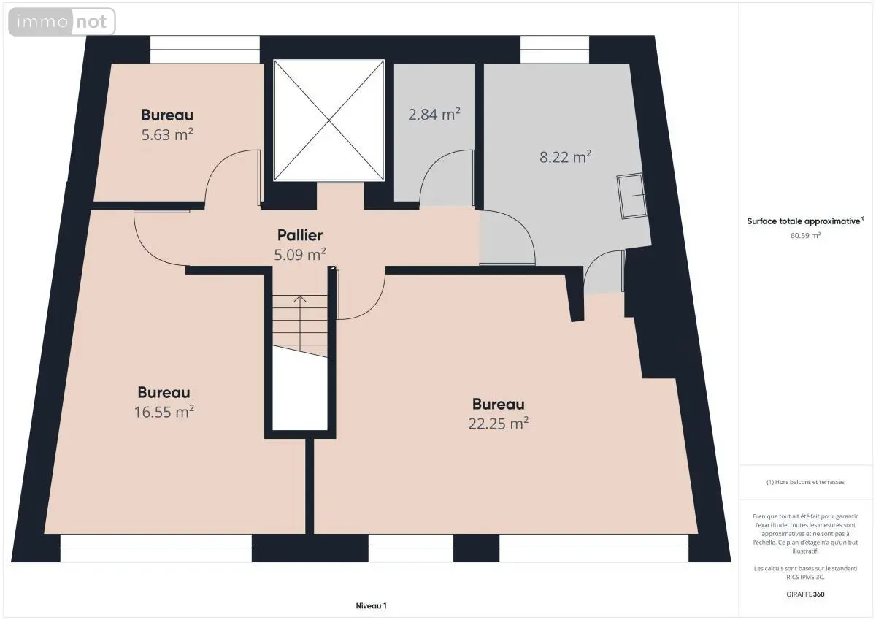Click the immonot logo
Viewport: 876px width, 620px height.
[62, 22]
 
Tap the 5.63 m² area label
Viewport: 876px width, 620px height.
[167, 134]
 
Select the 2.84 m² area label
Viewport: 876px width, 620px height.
[434, 114]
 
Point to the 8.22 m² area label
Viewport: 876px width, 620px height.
[566, 157]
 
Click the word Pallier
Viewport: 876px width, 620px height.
[300, 235]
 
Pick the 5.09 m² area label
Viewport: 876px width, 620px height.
[300, 255]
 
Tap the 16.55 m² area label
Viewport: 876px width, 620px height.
[164, 412]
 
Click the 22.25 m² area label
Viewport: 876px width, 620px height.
[499, 424]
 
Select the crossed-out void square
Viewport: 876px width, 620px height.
[329, 120]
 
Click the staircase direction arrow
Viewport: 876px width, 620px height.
[300, 323]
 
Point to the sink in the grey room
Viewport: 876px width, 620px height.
[631, 196]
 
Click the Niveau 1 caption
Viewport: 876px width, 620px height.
[371, 606]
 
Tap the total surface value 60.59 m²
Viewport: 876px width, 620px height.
[805, 235]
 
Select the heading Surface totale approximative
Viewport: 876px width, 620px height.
[804, 221]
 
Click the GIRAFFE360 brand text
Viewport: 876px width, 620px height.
[805, 594]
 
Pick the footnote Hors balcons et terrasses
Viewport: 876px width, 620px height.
[805, 482]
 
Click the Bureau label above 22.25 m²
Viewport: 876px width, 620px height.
[499, 404]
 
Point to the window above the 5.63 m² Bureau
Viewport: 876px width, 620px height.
[205, 50]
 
